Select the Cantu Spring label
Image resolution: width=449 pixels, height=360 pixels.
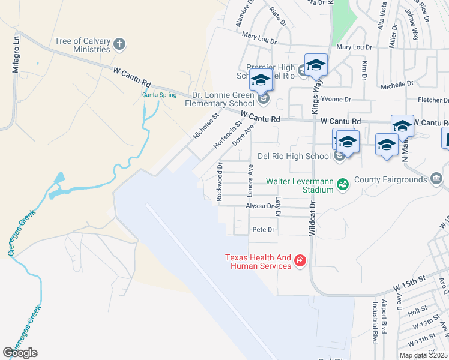click(159, 95)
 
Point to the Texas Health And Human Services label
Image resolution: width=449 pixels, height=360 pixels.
click(258, 262)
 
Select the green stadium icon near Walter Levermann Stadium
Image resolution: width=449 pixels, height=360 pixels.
click(342, 184)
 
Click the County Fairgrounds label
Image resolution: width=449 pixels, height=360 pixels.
click(389, 179)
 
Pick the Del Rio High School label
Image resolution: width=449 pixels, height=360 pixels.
click(294, 156)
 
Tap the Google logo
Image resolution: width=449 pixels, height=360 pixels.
click(20, 352)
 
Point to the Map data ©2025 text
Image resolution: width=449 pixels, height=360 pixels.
click(424, 355)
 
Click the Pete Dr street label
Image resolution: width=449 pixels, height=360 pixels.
click(263, 229)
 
